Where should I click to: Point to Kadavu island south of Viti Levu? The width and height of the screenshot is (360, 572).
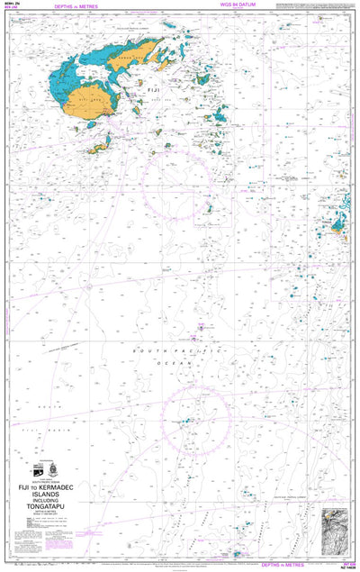[102, 142]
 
